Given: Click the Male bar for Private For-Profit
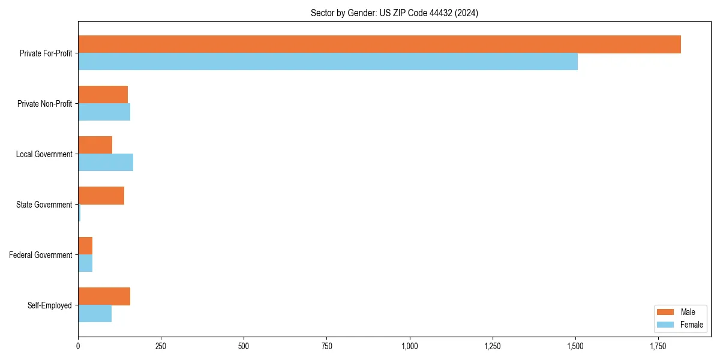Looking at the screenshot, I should (x=379, y=44).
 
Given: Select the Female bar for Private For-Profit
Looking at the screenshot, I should (x=328, y=61).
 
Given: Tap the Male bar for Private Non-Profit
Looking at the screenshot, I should (x=103, y=95).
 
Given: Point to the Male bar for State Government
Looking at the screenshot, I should (x=101, y=196).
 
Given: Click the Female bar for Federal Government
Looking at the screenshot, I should (x=85, y=263).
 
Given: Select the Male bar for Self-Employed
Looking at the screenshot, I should (x=104, y=296).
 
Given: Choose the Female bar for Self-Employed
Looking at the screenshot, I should (x=95, y=313).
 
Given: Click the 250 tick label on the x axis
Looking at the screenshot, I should (x=161, y=346).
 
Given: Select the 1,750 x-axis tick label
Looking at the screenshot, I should (x=658, y=346).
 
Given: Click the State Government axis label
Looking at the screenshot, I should (x=44, y=205).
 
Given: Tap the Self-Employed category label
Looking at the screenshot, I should (x=50, y=305).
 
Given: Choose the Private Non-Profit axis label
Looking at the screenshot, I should (x=44, y=104).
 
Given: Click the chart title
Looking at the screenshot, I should (x=394, y=13).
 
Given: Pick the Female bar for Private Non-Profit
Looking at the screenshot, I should (x=104, y=112).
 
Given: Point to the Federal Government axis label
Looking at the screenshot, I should (x=41, y=255).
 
